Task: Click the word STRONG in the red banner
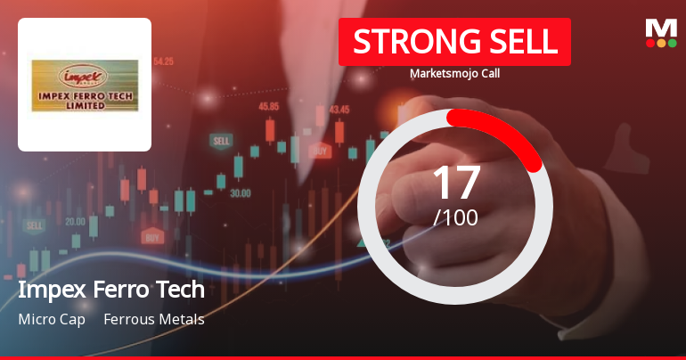tap(404, 42)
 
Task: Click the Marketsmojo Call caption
tap(454, 73)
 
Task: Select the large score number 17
tap(455, 182)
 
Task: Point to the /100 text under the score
tap(455, 217)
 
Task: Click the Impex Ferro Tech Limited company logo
tap(85, 85)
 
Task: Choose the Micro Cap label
tap(52, 319)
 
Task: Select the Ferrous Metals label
tap(154, 319)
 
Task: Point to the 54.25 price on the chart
tap(163, 61)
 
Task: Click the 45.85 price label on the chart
tap(269, 106)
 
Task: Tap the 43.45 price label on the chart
tap(339, 110)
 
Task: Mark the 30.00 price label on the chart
tap(241, 192)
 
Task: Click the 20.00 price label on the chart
tap(75, 221)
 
